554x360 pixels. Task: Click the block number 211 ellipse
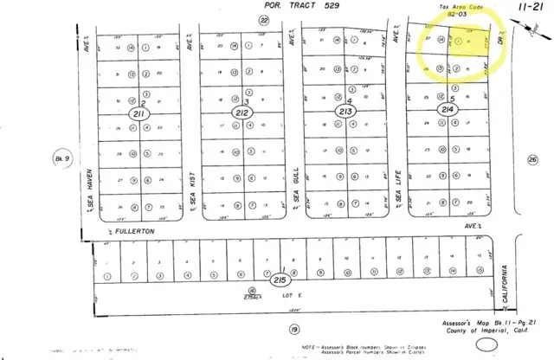coord(139,112)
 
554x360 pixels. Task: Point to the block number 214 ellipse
coord(447,111)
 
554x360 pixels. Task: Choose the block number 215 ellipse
coord(279,280)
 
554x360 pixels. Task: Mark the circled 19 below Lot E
coord(294,329)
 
